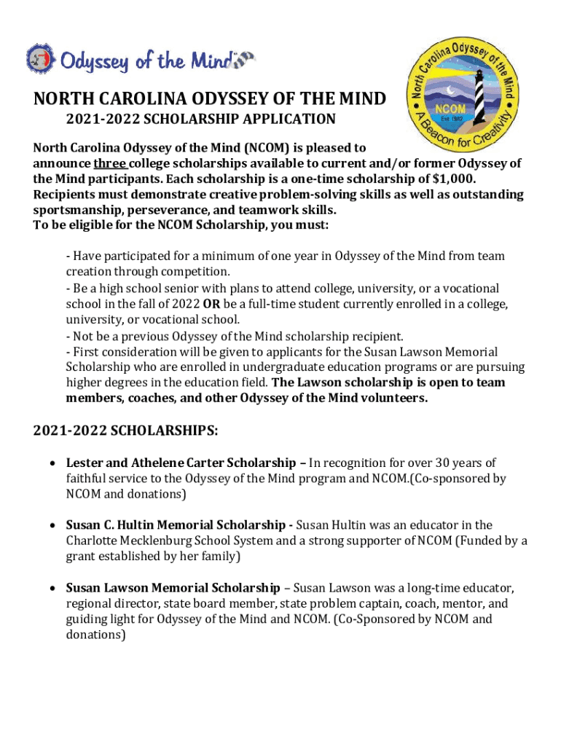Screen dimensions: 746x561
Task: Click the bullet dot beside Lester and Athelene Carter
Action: [x=52, y=463]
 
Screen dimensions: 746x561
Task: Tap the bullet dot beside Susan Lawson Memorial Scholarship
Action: [x=52, y=588]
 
